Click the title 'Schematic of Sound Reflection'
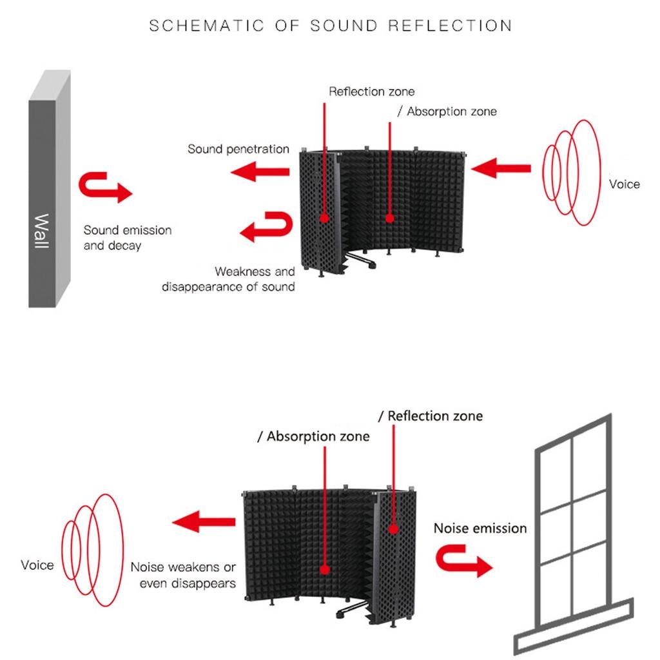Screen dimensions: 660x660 coord(331,26)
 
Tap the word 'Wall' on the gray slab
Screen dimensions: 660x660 coord(42,231)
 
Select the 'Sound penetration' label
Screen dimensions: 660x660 coord(238,149)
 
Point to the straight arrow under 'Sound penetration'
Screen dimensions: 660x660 coord(260,171)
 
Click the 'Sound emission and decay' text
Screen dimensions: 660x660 coord(128,238)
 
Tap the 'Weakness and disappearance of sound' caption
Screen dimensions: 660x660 coord(229,279)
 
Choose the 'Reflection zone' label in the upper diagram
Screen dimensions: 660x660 coord(372,92)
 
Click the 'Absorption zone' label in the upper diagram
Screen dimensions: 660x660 coord(447,112)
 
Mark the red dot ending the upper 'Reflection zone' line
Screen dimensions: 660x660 coord(324,218)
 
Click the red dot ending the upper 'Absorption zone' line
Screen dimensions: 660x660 coord(390,218)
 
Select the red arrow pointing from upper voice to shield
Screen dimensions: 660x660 coord(501,168)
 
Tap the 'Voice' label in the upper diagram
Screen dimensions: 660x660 coord(624,184)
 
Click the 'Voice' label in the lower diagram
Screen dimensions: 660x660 coord(37,565)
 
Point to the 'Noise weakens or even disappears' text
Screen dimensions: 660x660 coord(183,575)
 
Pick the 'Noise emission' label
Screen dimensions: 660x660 coord(480,529)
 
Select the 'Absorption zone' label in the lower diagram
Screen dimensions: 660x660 coord(314,436)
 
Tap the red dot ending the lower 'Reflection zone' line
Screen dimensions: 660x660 coord(394,529)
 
